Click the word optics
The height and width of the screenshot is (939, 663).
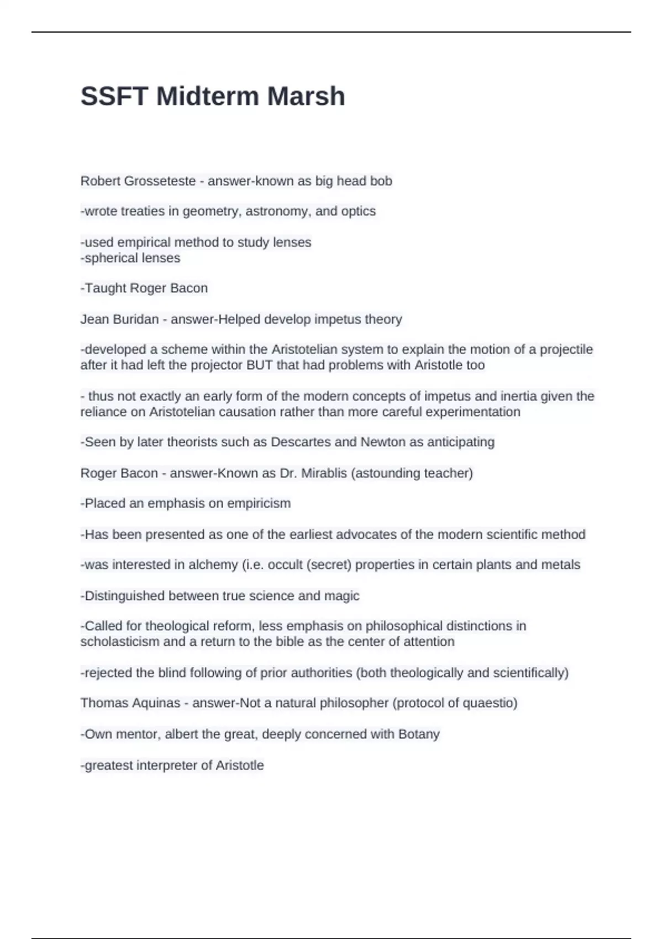[x=359, y=211]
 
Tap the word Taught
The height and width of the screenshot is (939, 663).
[x=103, y=288]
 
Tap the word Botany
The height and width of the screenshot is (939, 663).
[x=419, y=734]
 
